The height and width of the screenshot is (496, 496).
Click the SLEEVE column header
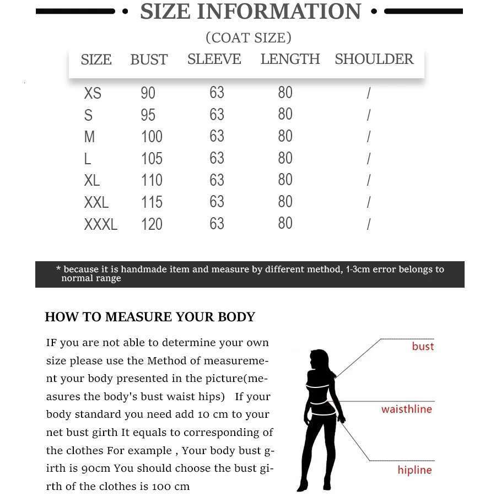tap(214, 59)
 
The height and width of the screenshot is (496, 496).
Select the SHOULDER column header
tap(374, 59)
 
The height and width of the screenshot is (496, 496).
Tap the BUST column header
tap(149, 60)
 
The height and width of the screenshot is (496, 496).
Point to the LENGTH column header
tap(290, 59)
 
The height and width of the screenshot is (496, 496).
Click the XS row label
tap(93, 93)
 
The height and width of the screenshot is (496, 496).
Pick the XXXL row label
tap(100, 224)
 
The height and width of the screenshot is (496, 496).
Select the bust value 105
tap(152, 159)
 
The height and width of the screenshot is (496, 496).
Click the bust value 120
tap(152, 224)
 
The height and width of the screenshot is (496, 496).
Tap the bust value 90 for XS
tap(148, 93)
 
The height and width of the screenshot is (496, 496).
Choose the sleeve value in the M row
tap(217, 136)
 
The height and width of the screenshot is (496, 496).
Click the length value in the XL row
tap(285, 180)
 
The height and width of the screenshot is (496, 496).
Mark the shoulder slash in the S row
tap(368, 115)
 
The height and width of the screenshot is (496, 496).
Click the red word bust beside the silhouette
tap(423, 346)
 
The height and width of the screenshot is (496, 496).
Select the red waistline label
tap(407, 409)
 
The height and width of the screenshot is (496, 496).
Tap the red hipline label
tap(414, 470)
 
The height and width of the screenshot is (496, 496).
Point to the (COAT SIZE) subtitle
tap(249, 37)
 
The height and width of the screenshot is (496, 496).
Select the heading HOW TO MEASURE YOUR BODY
tap(150, 317)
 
